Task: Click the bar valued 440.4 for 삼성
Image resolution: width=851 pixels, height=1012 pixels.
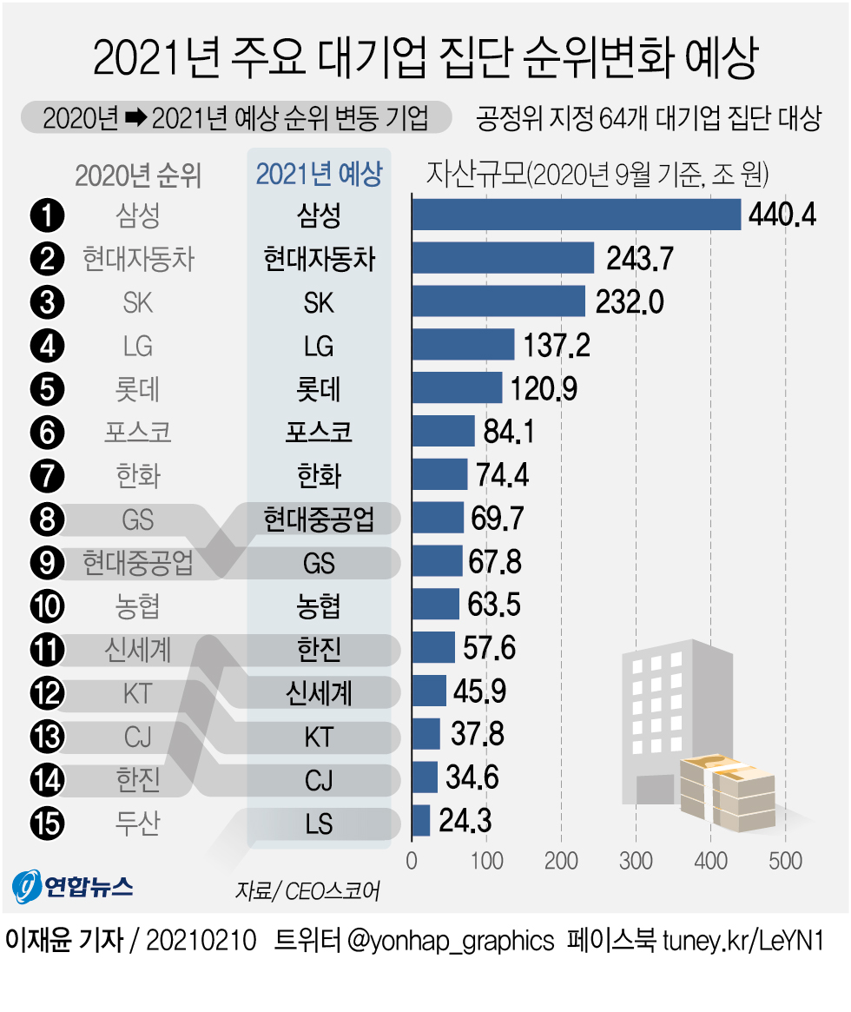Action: tap(576, 215)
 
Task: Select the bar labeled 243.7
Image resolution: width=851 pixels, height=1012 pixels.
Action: tap(503, 258)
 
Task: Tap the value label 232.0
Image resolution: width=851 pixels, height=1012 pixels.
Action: tap(630, 301)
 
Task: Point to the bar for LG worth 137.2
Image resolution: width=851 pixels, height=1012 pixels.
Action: tap(463, 345)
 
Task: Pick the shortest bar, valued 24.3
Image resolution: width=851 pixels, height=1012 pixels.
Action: tap(421, 821)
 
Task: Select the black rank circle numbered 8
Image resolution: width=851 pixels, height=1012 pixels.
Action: tap(47, 519)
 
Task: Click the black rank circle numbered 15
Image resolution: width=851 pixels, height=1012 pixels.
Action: tap(47, 822)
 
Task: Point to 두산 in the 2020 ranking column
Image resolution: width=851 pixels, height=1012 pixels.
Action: tap(138, 822)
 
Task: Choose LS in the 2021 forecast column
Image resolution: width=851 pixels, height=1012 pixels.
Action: tap(319, 823)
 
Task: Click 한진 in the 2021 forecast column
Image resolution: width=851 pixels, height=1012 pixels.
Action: tap(319, 649)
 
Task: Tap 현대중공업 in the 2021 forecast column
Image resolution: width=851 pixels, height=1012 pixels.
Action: tap(319, 519)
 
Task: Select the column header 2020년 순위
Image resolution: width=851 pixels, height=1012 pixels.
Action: tap(138, 175)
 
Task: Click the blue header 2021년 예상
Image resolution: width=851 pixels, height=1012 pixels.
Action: tap(319, 175)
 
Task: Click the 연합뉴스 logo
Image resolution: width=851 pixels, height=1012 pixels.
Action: tap(73, 885)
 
